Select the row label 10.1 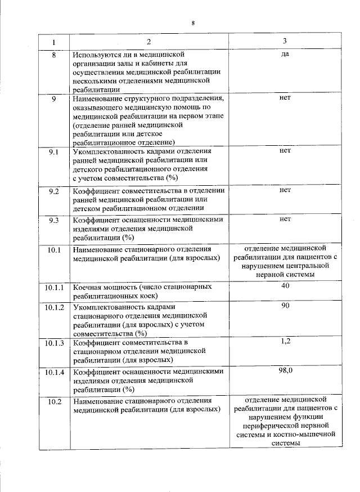click(x=55, y=249)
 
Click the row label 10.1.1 click(x=55, y=287)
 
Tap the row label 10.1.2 click(x=55, y=307)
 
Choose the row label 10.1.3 click(x=55, y=342)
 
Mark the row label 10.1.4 click(x=55, y=372)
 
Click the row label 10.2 click(x=55, y=401)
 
